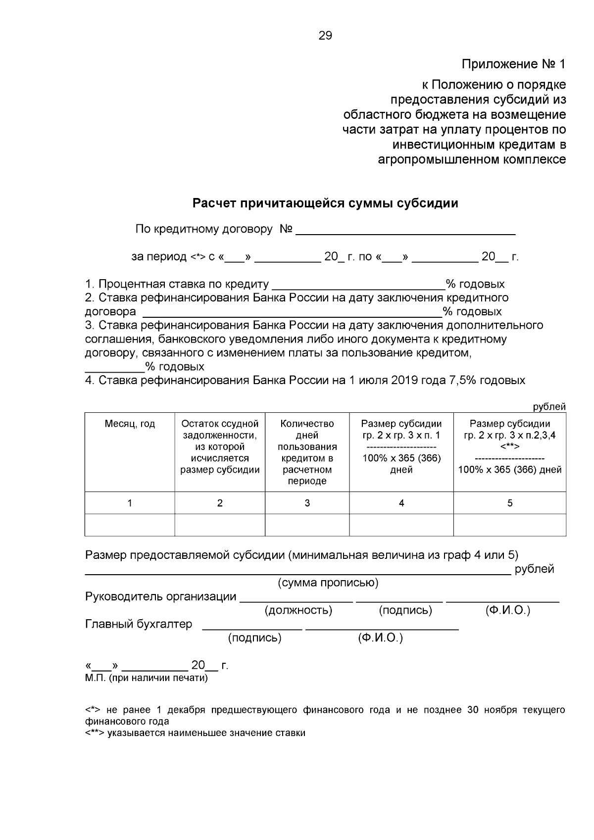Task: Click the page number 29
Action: coord(325,36)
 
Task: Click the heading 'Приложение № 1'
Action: coord(513,64)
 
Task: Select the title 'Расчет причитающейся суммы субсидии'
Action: coord(325,203)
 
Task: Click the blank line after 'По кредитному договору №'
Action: coord(405,231)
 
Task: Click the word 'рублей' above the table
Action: coord(549,407)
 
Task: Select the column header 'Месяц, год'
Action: coord(130,424)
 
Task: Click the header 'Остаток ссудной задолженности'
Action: coord(220,447)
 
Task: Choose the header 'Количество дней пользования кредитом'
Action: coord(307,452)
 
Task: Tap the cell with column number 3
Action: coord(307,503)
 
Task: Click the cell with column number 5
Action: coord(509,503)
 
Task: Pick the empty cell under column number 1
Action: coord(130,525)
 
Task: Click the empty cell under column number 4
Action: coord(401,525)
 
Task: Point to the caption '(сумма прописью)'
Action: coord(328,583)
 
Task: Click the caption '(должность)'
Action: coord(298,611)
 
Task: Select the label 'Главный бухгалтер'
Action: coord(139,624)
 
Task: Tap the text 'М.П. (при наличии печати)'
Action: coord(147,678)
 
